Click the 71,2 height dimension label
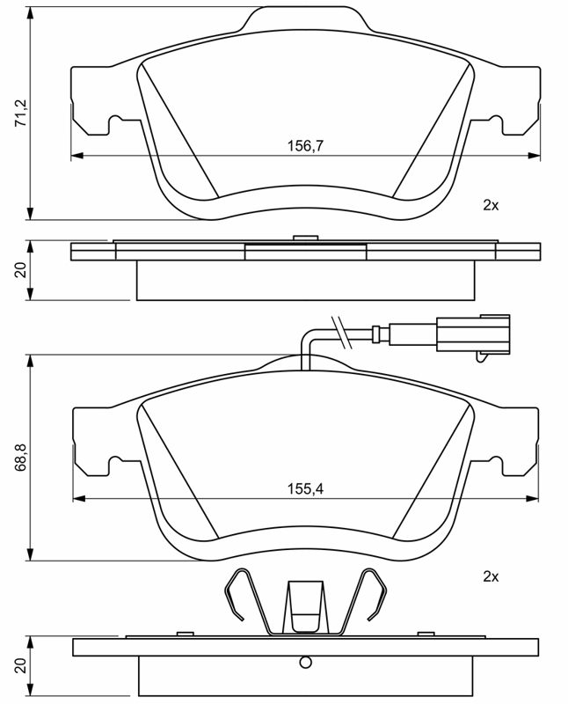pos(21,114)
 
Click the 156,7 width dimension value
pos(305,146)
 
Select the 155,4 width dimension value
pos(305,488)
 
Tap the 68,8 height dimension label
pos(21,457)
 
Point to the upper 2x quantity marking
pos(491,205)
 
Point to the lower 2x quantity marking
pos(491,576)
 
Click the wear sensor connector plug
pos(473,334)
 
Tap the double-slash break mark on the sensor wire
pos(340,333)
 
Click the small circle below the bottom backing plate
pos(305,662)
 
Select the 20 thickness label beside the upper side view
pos(21,270)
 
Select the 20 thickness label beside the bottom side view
pos(21,666)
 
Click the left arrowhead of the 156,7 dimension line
pos(77,156)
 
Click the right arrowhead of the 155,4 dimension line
pos(533,498)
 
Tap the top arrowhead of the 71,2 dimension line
pos(31,12)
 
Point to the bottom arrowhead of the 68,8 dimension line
pos(31,554)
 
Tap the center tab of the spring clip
pos(305,606)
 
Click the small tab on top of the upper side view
pos(305,238)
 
